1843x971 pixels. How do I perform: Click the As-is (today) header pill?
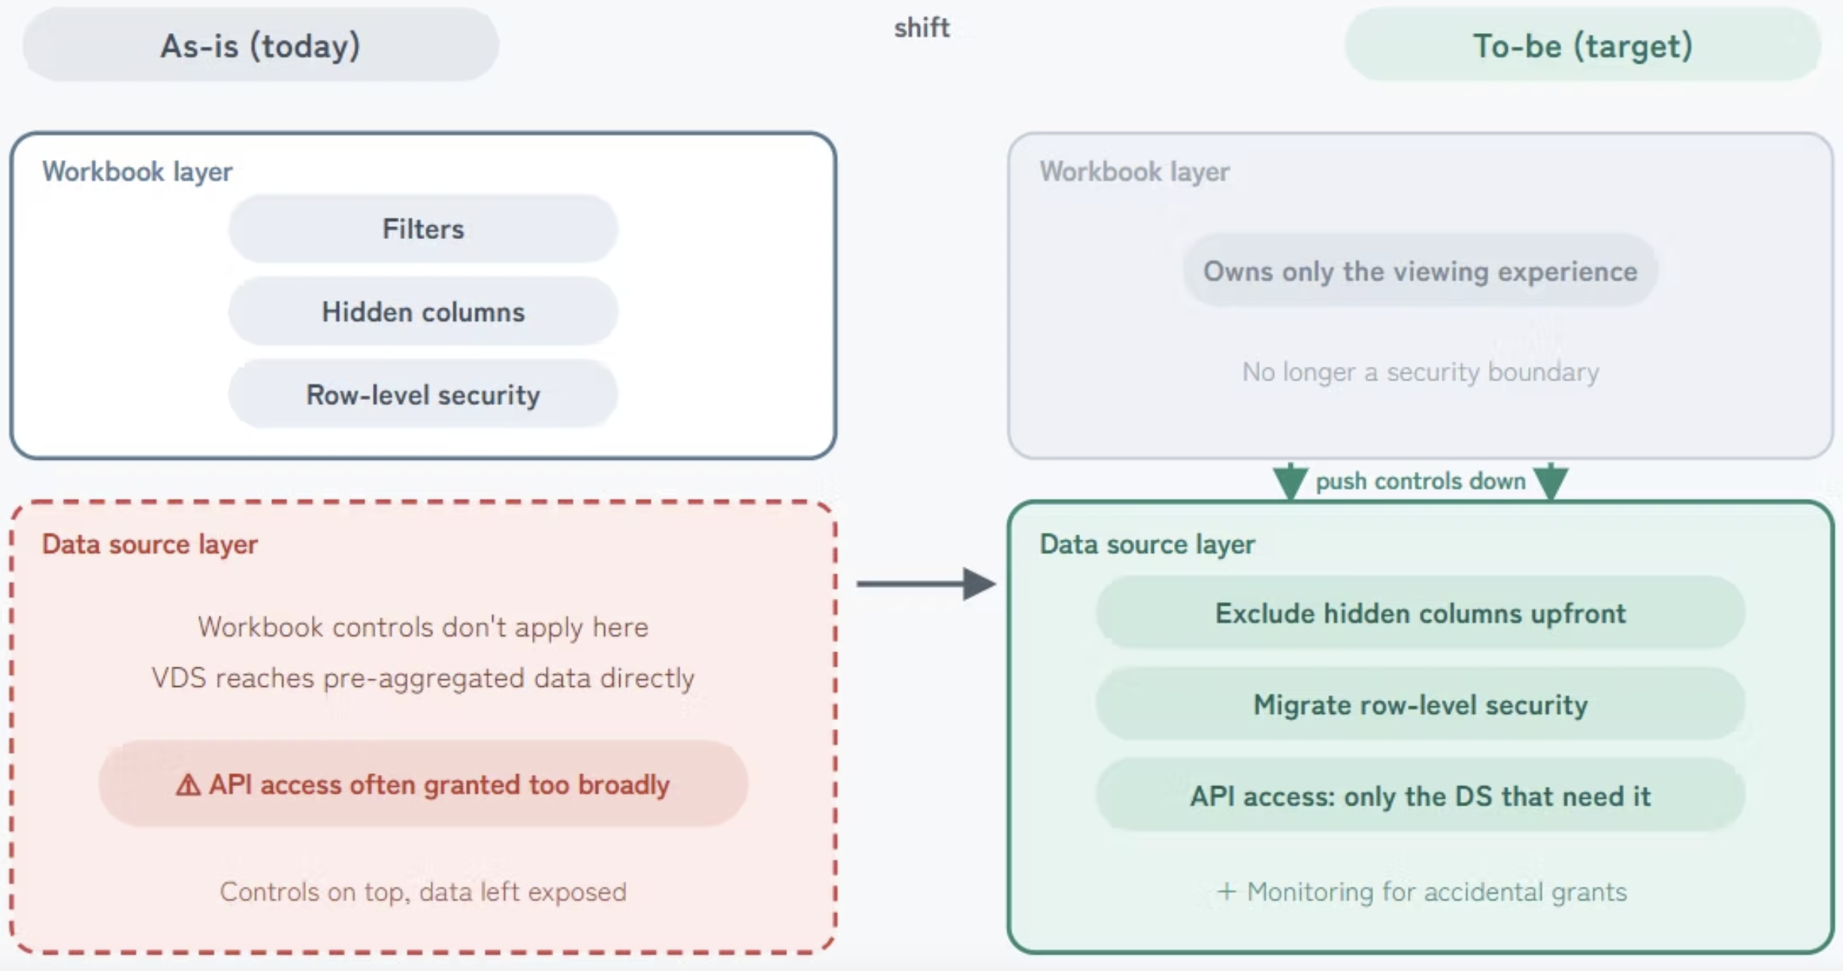coord(261,45)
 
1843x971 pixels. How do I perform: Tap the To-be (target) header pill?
coord(1582,45)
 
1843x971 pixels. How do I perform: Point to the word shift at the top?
coord(921,28)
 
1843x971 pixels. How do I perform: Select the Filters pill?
coord(423,228)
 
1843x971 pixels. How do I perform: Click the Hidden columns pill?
coord(423,311)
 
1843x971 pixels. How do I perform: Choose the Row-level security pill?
coord(423,395)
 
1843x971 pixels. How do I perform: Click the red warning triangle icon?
coord(188,785)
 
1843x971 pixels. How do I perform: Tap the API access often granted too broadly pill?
coord(423,784)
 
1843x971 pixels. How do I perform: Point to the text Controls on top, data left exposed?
coord(423,891)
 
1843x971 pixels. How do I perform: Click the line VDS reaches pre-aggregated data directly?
coord(423,678)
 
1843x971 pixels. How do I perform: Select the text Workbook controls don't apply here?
coord(423,627)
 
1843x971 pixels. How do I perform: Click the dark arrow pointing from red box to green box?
coord(926,583)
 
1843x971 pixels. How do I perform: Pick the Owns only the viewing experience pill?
coord(1421,271)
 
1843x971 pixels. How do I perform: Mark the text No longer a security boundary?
coord(1421,372)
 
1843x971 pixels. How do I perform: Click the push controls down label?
coord(1421,481)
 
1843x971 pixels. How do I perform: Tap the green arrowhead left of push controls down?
coord(1291,482)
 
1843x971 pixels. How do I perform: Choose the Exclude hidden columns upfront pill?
coord(1421,613)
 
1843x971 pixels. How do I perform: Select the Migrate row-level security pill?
coord(1421,705)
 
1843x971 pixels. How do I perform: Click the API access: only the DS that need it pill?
coord(1421,796)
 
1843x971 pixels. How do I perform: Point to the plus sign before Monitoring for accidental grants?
coord(1227,892)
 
